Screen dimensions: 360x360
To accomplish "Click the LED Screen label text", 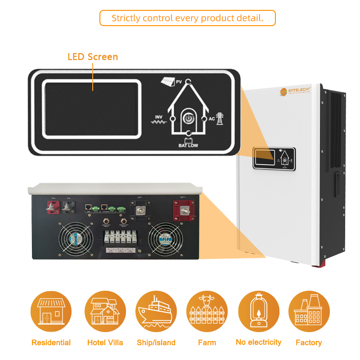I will click(x=93, y=57).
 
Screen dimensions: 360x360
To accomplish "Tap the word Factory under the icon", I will click(x=309, y=342).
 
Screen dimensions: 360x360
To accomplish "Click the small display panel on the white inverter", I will click(x=273, y=158).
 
